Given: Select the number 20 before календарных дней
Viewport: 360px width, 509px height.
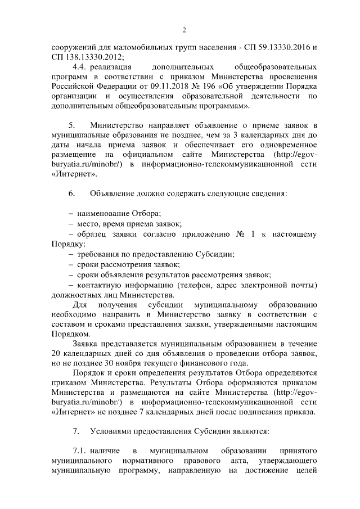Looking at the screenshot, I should [55, 352].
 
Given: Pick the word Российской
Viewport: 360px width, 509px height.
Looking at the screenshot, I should [71, 85].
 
